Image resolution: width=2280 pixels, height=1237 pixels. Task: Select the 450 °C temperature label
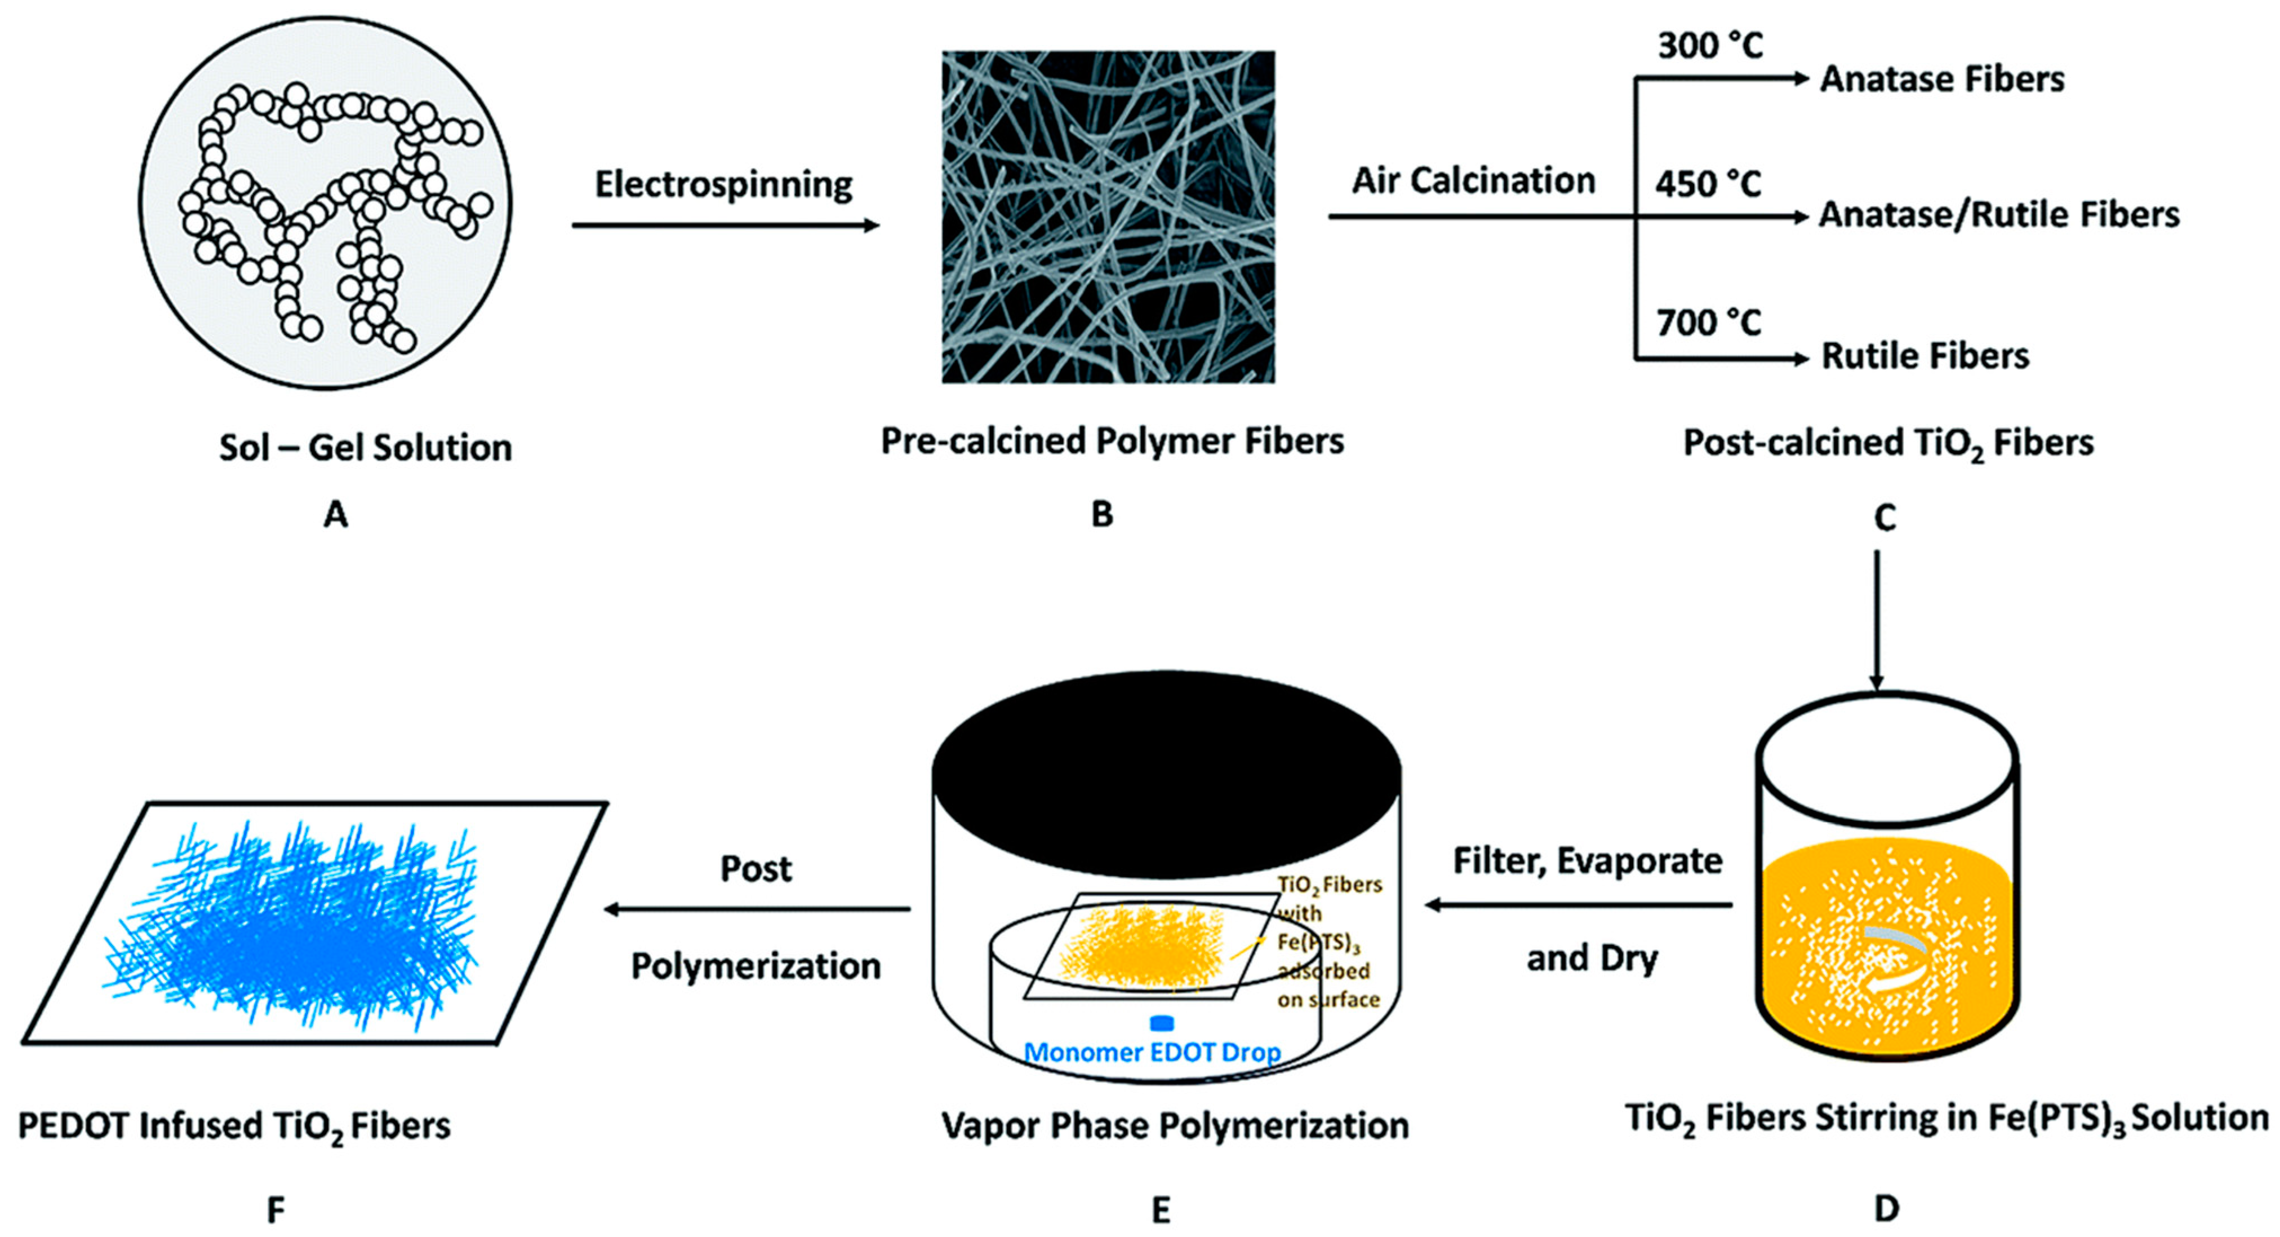tap(1708, 184)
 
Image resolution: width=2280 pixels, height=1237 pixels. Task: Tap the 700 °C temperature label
tap(1708, 323)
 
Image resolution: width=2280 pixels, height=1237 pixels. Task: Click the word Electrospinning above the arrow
tap(723, 185)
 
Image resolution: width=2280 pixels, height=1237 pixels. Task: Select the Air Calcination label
tap(1473, 180)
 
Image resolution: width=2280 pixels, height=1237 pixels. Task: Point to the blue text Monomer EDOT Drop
tap(1152, 1053)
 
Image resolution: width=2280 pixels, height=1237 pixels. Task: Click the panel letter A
tap(335, 514)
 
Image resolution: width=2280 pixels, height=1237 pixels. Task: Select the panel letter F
tap(276, 1209)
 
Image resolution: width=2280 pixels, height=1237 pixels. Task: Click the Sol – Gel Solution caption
tap(366, 447)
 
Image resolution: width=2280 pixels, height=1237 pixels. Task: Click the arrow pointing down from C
tap(1877, 620)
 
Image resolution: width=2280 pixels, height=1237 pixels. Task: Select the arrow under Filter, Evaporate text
tap(1578, 905)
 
